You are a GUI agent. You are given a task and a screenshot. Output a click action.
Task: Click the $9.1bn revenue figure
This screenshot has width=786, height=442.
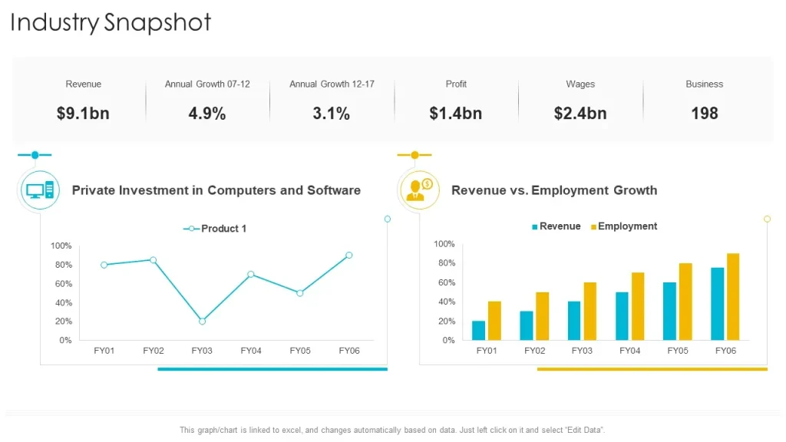[83, 114]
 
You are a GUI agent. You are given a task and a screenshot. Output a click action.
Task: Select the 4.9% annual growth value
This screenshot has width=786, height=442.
[207, 114]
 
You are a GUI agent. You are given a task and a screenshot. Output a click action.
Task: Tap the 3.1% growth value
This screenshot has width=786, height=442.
[332, 114]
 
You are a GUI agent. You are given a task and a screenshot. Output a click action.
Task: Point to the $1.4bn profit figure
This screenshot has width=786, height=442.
[456, 114]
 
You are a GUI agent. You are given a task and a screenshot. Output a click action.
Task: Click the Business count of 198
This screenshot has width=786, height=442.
[705, 114]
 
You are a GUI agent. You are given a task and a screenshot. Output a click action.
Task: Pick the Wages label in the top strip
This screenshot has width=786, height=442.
[580, 84]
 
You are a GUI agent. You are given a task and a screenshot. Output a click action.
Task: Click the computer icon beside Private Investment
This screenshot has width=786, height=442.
[40, 190]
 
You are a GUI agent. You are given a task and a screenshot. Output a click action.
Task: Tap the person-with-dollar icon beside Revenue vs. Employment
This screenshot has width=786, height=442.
[420, 190]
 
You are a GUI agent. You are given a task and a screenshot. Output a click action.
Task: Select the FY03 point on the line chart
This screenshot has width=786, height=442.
[202, 322]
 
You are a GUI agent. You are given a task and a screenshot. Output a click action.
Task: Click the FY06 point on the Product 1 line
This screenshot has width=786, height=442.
[349, 255]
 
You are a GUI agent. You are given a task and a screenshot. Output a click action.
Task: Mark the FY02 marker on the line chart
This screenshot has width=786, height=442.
[153, 260]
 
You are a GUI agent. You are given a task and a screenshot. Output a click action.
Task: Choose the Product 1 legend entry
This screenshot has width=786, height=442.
[215, 229]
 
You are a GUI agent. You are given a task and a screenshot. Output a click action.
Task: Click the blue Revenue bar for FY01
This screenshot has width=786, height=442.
[479, 331]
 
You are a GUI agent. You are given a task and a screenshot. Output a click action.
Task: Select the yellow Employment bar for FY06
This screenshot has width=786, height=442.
[733, 297]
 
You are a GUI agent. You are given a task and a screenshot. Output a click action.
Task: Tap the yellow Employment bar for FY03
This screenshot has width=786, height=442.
[590, 312]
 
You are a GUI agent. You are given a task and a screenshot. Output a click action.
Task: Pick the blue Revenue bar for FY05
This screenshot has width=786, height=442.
[669, 312]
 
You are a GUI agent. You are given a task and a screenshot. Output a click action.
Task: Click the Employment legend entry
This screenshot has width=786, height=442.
[624, 226]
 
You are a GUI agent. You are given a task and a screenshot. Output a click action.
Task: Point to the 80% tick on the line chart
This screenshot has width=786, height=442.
[64, 265]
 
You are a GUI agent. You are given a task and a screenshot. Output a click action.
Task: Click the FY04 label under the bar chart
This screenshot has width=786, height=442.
[629, 351]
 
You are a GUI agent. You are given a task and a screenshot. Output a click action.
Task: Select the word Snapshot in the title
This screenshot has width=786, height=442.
[157, 23]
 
